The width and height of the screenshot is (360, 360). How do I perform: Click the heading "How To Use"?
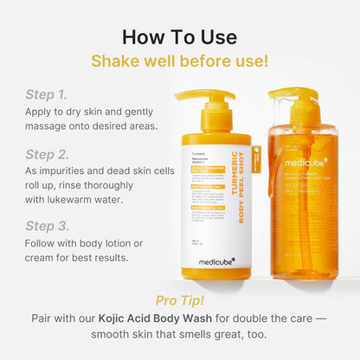(179, 36)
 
